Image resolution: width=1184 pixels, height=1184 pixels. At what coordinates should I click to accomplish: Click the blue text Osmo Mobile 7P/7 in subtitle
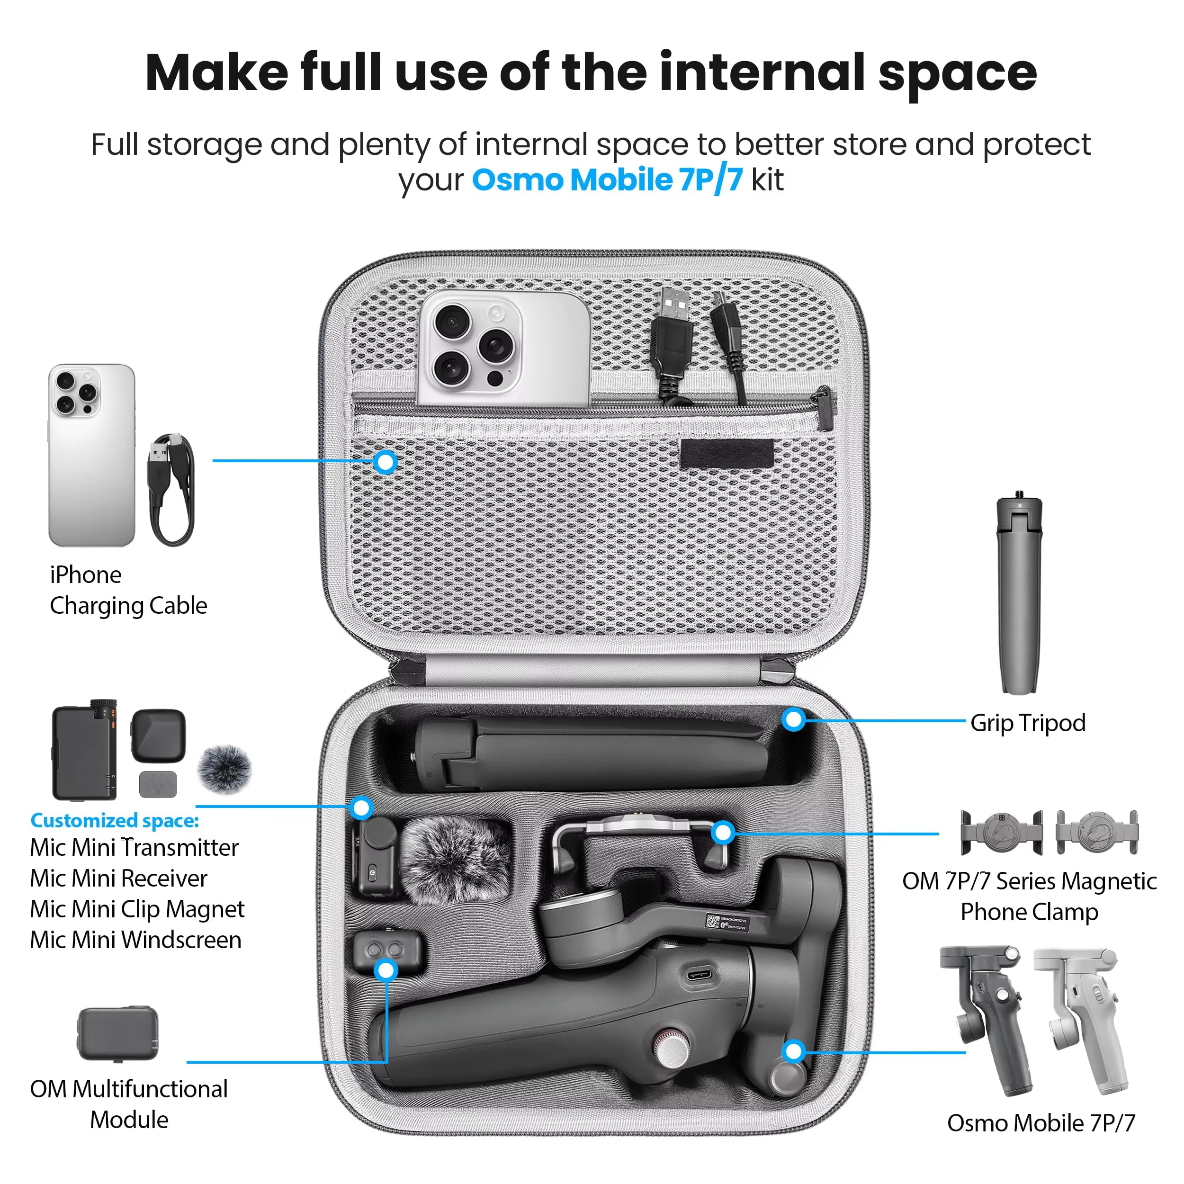click(607, 180)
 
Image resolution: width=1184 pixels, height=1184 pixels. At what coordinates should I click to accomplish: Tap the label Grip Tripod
click(1028, 723)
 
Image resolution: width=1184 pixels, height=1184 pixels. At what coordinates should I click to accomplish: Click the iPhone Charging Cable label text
click(128, 590)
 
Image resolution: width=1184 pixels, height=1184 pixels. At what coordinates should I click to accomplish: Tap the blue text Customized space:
click(115, 821)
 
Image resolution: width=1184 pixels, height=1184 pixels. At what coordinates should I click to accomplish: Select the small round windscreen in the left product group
click(224, 770)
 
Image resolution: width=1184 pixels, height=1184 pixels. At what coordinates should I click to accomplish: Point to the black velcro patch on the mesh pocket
click(727, 454)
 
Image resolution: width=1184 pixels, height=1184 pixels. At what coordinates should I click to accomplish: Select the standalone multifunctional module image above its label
click(117, 1033)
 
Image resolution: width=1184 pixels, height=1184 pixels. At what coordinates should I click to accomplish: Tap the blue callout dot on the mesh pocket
click(386, 462)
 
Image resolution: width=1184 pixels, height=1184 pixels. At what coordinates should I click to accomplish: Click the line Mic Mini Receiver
click(119, 878)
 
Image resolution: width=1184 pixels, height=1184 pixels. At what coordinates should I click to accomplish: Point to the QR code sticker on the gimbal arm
click(713, 921)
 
